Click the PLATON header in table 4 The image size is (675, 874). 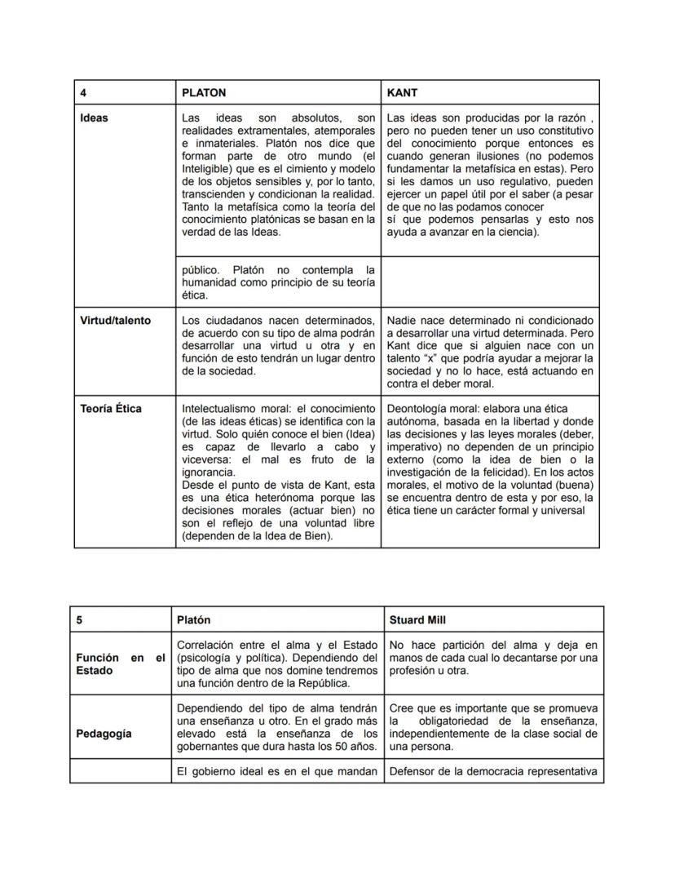pyautogui.click(x=204, y=93)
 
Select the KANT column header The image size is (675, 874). pyautogui.click(x=402, y=93)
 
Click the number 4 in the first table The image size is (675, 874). pyautogui.click(x=83, y=93)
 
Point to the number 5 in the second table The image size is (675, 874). pyautogui.click(x=79, y=620)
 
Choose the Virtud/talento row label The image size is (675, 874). pyautogui.click(x=115, y=321)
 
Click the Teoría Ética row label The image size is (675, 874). pyautogui.click(x=110, y=409)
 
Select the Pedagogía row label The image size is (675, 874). pyautogui.click(x=104, y=734)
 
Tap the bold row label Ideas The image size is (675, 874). pyautogui.click(x=94, y=118)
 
